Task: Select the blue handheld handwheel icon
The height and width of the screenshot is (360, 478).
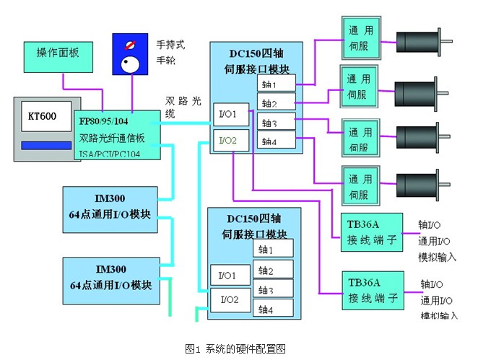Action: tap(130, 56)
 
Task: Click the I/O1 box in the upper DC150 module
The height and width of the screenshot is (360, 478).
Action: tap(230, 112)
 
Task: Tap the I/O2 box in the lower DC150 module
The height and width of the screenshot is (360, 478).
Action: tap(228, 297)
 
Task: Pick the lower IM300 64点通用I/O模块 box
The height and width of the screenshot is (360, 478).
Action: tap(110, 275)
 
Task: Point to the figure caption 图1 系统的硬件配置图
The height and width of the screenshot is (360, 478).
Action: tap(239, 348)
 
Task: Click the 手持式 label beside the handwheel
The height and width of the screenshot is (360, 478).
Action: tap(171, 45)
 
